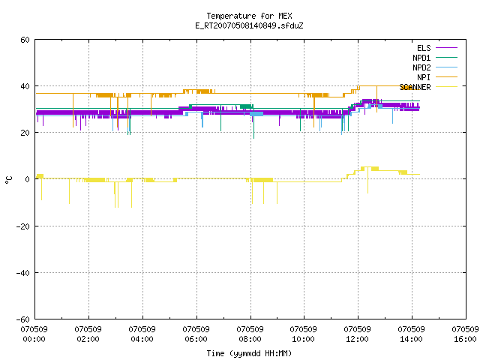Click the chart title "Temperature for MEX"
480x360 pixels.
[249, 16]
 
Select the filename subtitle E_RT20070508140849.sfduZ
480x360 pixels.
[249, 25]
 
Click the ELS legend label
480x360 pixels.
[424, 48]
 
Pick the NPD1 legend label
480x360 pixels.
[421, 58]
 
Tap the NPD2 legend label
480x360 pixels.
[421, 67]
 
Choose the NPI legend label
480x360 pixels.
[424, 77]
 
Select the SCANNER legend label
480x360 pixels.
[415, 87]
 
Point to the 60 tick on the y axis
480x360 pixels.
[25, 40]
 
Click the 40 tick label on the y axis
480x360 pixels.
[25, 86]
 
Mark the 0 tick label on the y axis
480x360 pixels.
[28, 179]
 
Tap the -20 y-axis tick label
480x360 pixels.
[23, 226]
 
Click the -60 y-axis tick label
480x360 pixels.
[23, 319]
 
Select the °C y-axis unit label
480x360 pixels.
[8, 180]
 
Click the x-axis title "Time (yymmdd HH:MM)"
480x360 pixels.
[249, 353]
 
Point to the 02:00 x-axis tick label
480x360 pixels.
[88, 339]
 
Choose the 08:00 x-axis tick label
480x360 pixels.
[250, 339]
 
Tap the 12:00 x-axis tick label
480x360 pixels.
[357, 339]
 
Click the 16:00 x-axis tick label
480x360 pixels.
[465, 339]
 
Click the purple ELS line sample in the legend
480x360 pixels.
[446, 48]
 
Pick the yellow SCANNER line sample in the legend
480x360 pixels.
[446, 87]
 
